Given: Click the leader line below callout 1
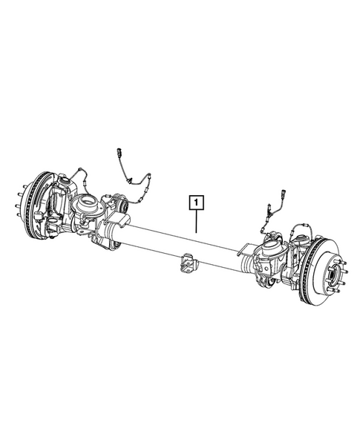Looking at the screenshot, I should [x=196, y=220].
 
